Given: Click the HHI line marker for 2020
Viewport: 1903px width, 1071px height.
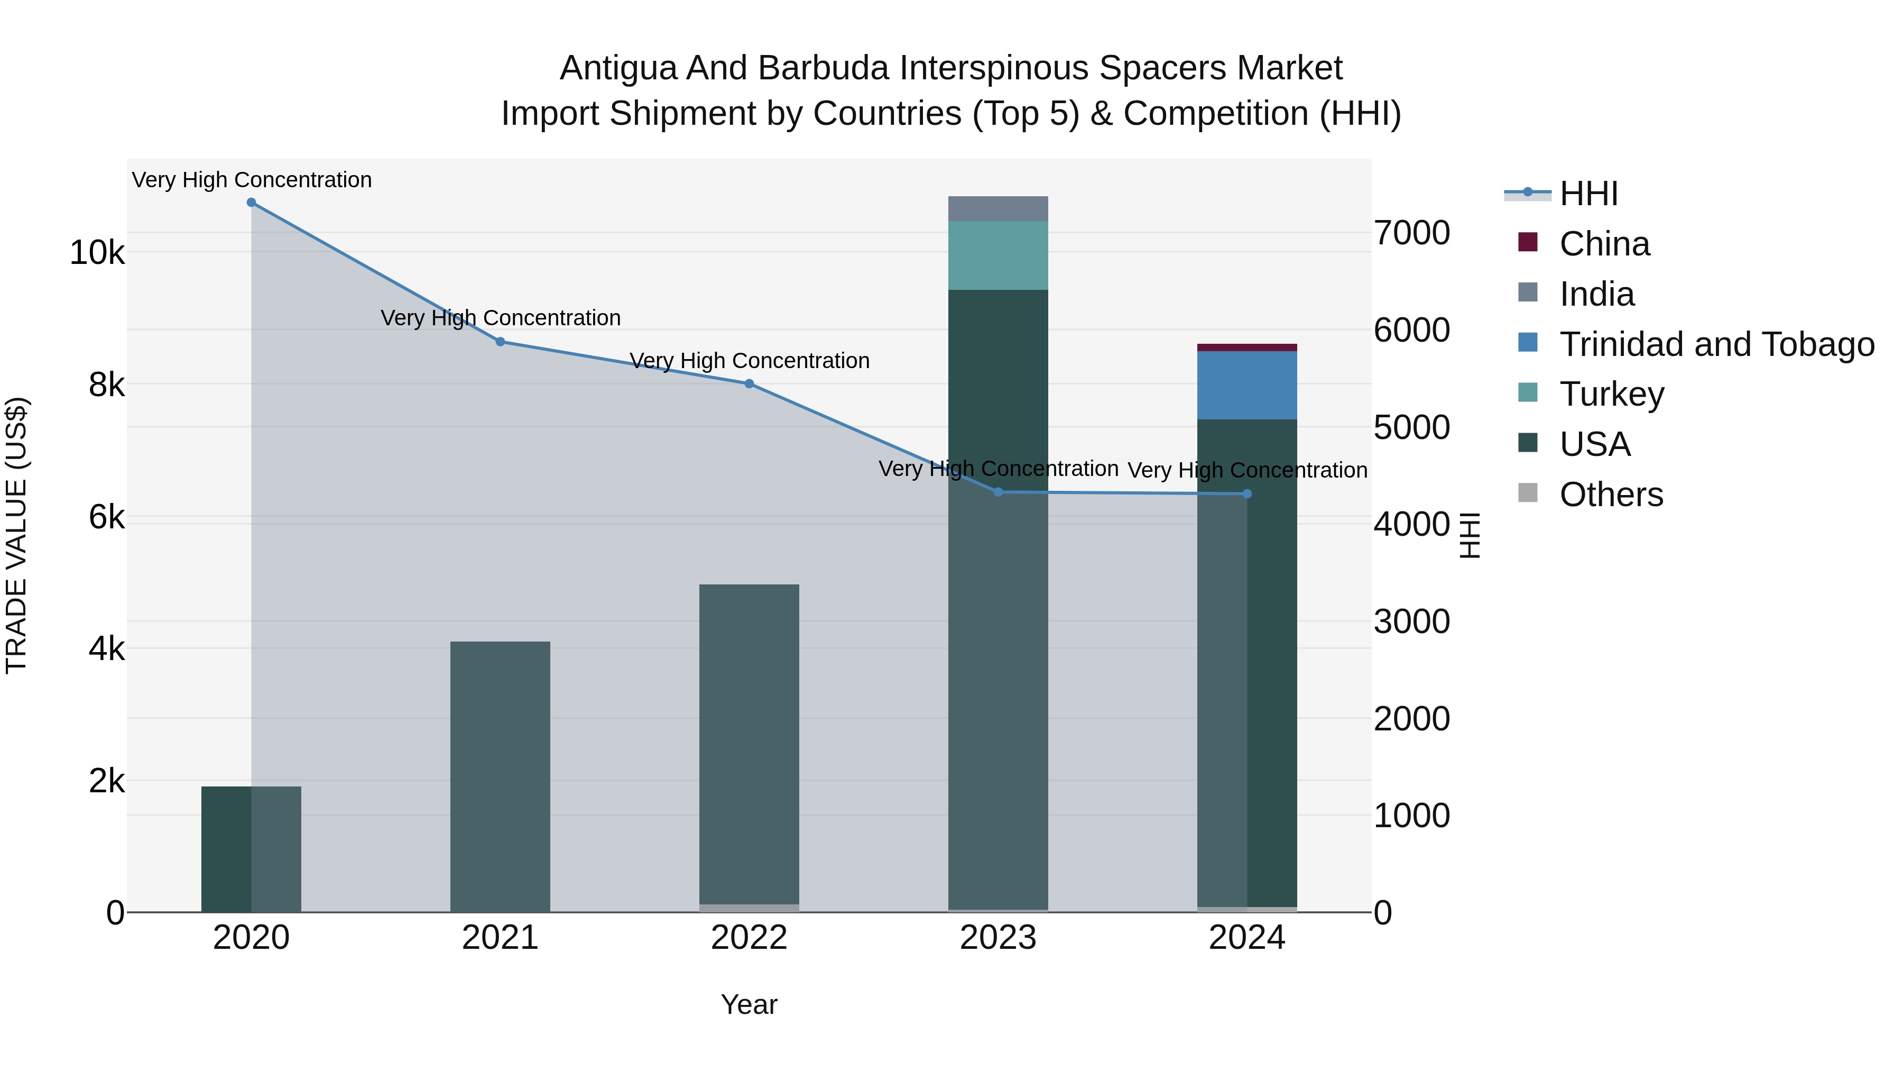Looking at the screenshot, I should pos(251,203).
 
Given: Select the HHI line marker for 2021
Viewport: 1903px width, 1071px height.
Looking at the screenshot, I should pos(500,342).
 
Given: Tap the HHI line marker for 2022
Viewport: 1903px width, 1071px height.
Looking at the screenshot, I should pos(749,383).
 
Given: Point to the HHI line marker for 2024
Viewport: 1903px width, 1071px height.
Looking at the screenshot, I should pos(1247,494).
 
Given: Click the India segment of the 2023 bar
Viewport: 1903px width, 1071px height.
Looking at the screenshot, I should pos(998,208).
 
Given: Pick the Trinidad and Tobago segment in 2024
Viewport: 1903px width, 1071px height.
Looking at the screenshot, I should pos(1247,385).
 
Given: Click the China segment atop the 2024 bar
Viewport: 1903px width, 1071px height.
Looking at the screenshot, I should pos(1247,347).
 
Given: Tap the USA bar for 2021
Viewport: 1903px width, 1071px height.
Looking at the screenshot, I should pos(500,776).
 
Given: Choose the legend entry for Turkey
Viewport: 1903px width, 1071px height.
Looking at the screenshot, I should pos(1611,394).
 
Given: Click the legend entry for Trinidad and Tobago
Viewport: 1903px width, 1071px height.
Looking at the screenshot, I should pos(1716,344).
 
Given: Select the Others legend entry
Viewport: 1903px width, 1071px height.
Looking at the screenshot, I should pos(1611,495).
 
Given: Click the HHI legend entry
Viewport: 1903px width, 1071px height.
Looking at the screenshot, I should pos(1588,194).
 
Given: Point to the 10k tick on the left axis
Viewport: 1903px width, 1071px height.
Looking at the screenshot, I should pos(97,253).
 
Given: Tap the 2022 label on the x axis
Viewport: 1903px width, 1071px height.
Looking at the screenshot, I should pos(749,938).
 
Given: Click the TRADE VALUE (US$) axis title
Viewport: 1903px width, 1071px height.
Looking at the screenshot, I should pos(16,536).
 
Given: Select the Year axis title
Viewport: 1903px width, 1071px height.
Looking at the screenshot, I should pos(749,1004).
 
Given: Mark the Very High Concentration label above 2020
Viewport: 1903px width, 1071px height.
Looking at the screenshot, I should pos(251,180).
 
